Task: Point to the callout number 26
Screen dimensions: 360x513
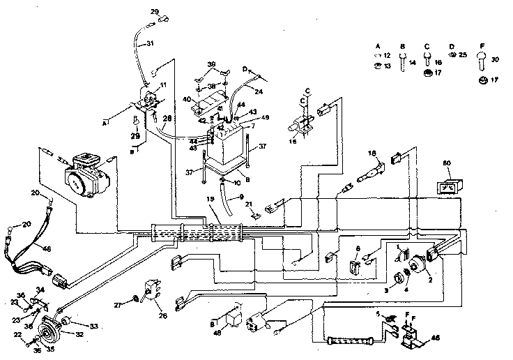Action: click(163, 314)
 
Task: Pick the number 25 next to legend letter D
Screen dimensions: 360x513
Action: click(461, 54)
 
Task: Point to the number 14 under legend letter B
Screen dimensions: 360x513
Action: click(412, 63)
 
